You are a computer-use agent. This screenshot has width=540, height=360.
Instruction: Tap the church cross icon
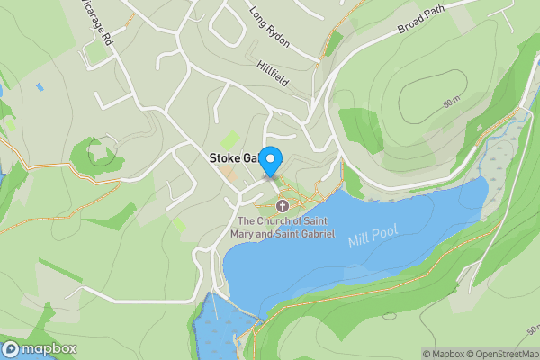[283, 206]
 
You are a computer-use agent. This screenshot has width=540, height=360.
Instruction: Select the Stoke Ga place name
[232, 158]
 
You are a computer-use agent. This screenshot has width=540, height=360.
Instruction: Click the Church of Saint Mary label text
[285, 228]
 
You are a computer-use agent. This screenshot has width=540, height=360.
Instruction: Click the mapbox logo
[40, 349]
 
